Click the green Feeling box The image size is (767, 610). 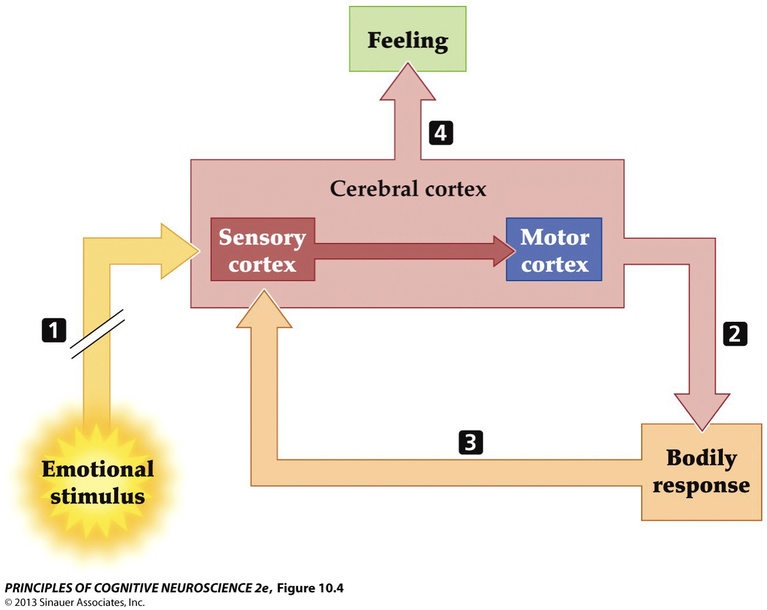pyautogui.click(x=408, y=39)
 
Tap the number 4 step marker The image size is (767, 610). pyautogui.click(x=441, y=133)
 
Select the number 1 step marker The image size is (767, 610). pyautogui.click(x=54, y=330)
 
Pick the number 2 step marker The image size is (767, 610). pyautogui.click(x=735, y=334)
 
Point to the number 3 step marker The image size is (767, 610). pyautogui.click(x=471, y=442)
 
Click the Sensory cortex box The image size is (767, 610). pyautogui.click(x=262, y=250)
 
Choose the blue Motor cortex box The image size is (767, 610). pyautogui.click(x=554, y=250)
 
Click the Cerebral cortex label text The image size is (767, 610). pyautogui.click(x=408, y=189)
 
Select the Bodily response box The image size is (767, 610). pyautogui.click(x=701, y=472)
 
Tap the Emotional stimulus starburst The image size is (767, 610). pyautogui.click(x=98, y=482)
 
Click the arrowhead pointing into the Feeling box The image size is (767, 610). pyautogui.click(x=408, y=84)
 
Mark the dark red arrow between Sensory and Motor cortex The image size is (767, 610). pyautogui.click(x=412, y=251)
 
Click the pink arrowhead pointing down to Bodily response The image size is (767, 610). pyautogui.click(x=702, y=409)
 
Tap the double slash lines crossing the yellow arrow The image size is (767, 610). pyautogui.click(x=97, y=334)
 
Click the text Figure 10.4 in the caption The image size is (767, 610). pyautogui.click(x=310, y=588)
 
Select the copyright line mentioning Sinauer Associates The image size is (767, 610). pyautogui.click(x=75, y=602)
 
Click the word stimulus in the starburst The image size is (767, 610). pyautogui.click(x=98, y=496)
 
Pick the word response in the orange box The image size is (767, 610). pyautogui.click(x=701, y=486)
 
